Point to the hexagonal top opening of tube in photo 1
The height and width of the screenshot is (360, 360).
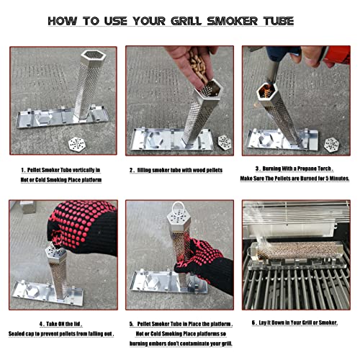[89, 56]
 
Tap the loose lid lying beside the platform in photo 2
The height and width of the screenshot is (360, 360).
[224, 142]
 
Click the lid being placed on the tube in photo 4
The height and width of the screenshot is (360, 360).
[55, 251]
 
